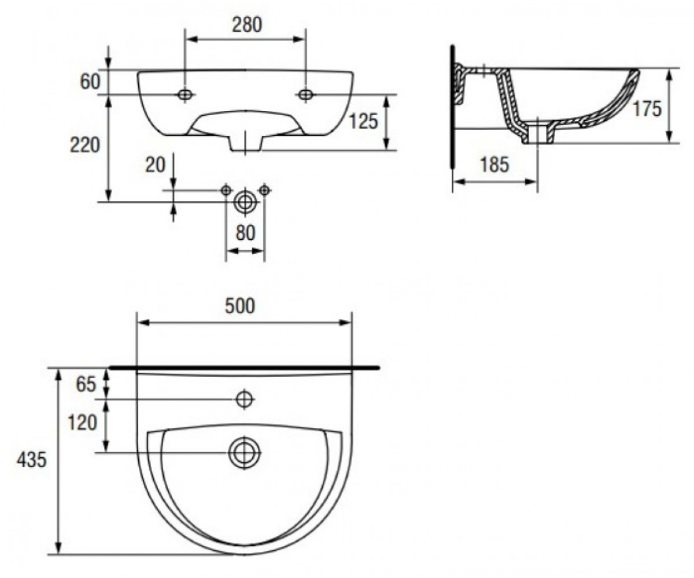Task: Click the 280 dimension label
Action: coord(246,25)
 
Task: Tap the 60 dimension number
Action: coord(90,81)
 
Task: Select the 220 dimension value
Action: coord(84,145)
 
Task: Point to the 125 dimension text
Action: coord(364,121)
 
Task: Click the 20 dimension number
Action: coord(155,165)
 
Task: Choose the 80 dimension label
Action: coord(245,233)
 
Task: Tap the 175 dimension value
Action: coord(647,109)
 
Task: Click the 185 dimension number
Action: coord(494,164)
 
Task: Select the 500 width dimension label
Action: coord(240,306)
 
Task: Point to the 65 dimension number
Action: coord(86,384)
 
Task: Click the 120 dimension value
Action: coord(82,423)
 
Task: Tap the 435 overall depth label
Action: coord(32,460)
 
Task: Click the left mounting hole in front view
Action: coord(185,95)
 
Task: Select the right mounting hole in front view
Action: coord(305,95)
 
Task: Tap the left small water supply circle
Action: coord(226,190)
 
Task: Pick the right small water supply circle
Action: coord(264,190)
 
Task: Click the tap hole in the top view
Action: coord(245,399)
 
